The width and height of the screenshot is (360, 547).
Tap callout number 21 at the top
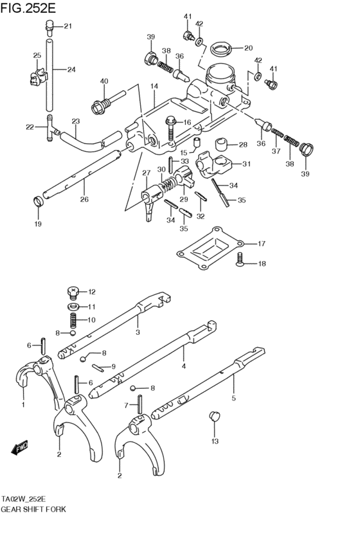click(x=68, y=26)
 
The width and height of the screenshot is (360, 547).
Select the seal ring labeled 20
click(x=220, y=48)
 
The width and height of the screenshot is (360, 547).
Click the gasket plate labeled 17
click(x=210, y=246)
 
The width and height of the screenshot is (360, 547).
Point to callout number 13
click(x=215, y=441)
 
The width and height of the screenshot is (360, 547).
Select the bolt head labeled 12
click(x=73, y=292)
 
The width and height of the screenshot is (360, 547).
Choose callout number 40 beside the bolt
click(x=104, y=81)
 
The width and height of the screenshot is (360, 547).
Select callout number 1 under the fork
click(x=23, y=405)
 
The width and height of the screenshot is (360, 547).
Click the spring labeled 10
click(x=73, y=319)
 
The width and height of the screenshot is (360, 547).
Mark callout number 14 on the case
click(x=154, y=85)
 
